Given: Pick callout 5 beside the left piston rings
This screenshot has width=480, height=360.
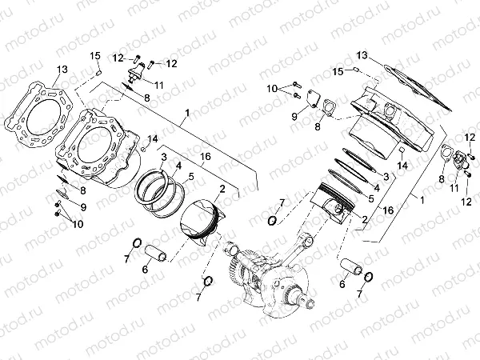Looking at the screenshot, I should [190, 176].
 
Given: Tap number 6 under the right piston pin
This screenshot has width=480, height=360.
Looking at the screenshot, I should [343, 283].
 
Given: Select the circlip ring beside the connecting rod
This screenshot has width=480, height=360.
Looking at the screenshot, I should [272, 220].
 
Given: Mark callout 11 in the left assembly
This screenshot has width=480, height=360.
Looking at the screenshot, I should [159, 84].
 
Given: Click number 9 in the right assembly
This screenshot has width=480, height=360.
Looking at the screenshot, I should [294, 116].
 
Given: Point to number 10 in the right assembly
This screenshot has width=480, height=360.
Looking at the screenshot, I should [272, 87].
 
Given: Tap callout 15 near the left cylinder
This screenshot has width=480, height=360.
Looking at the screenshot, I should [95, 54].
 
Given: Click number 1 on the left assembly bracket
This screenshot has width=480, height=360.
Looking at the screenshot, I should [186, 114].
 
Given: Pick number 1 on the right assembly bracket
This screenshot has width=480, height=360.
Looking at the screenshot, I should [422, 197].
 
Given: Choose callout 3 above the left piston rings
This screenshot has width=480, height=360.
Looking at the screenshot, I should [162, 157].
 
